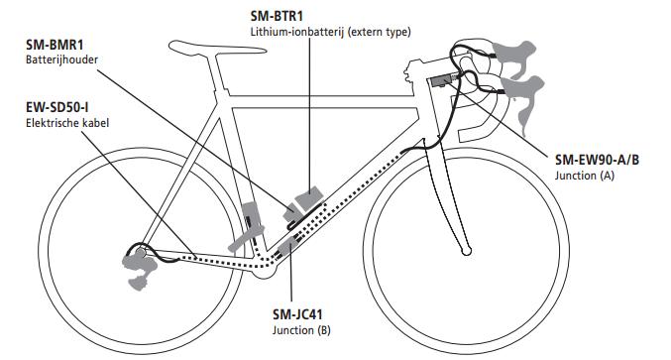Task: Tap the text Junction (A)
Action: pos(584,175)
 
